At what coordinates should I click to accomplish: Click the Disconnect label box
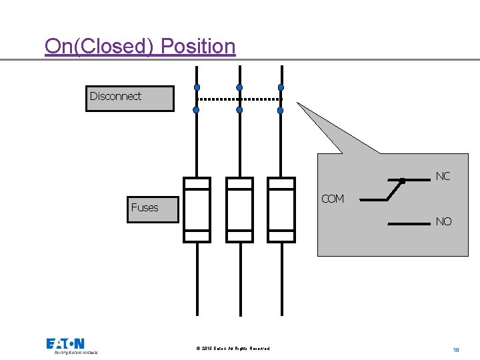coord(129,98)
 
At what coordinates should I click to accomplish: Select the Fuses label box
coord(153,208)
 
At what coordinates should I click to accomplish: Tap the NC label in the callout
coord(443,177)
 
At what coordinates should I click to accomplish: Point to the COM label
coord(332,199)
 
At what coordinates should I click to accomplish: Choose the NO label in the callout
coord(443,221)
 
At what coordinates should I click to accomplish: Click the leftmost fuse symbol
coord(197,209)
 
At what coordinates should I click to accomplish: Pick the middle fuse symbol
coord(239,209)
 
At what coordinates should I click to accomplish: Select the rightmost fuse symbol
coord(281,209)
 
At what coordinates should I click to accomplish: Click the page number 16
coord(457,349)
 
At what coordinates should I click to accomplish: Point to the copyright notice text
coord(233,349)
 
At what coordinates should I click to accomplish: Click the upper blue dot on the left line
coord(197,87)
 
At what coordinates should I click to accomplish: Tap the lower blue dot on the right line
coord(281,110)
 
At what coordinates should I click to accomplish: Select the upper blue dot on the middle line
coord(239,87)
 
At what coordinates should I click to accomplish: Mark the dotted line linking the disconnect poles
coord(240,99)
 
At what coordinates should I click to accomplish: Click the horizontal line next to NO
coord(408,224)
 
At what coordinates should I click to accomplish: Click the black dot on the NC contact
coord(402,181)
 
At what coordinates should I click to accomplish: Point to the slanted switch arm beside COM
coord(393,191)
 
